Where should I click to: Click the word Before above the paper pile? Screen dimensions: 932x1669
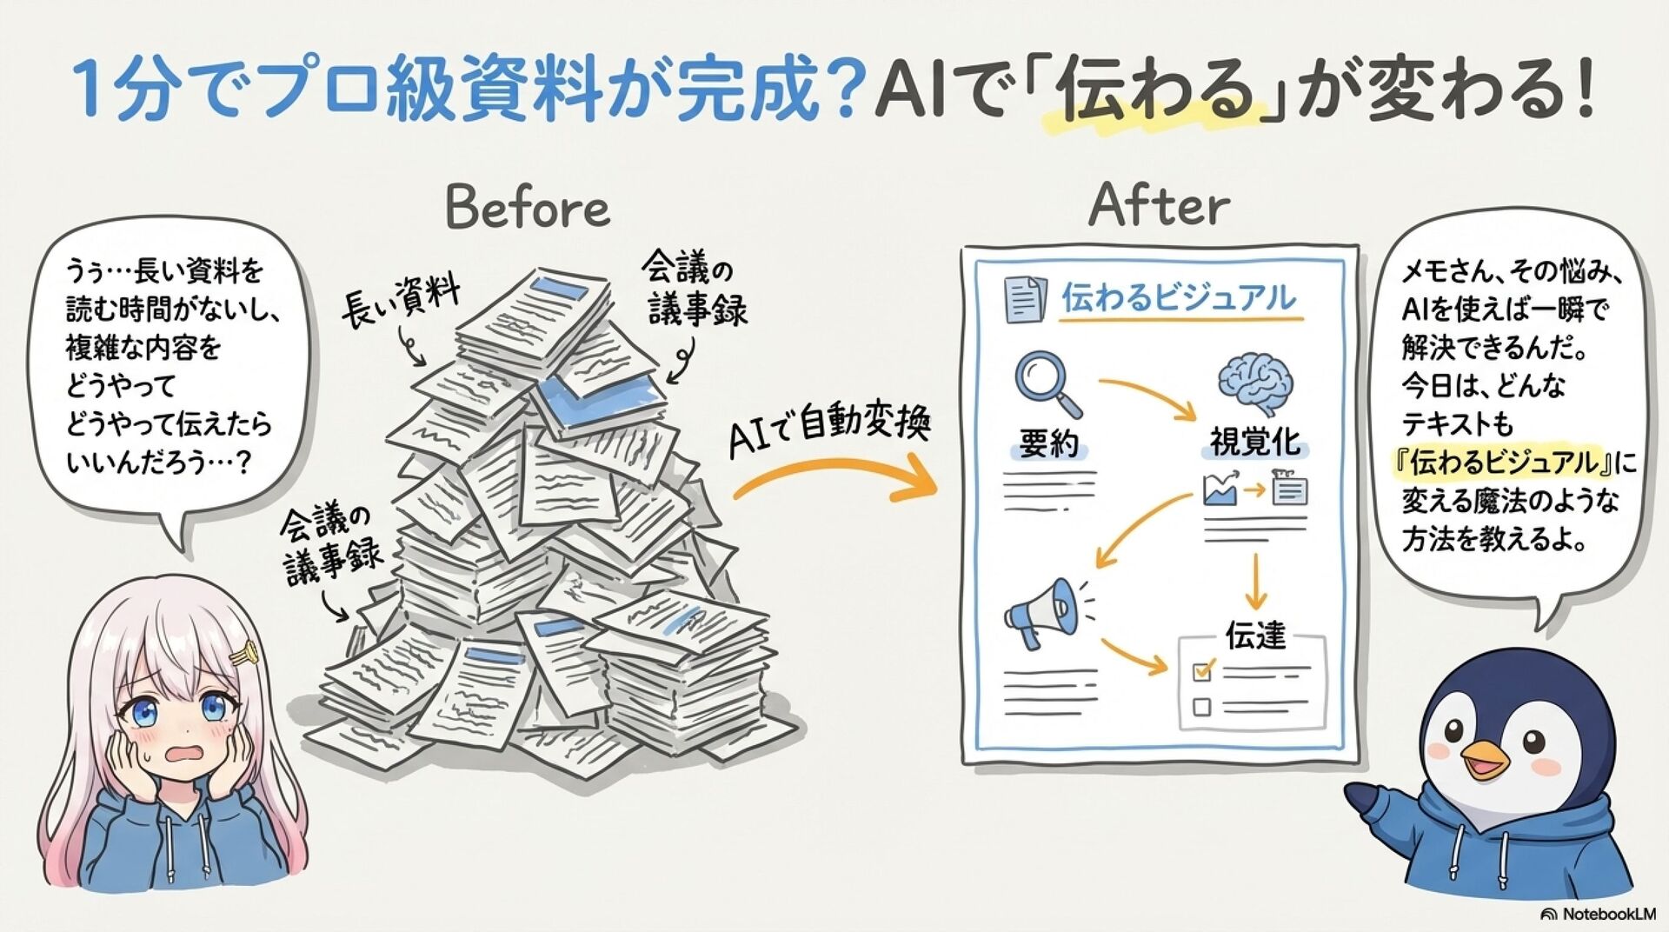(528, 209)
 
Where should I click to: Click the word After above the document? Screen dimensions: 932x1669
(1159, 205)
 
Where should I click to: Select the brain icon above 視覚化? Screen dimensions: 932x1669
(1255, 383)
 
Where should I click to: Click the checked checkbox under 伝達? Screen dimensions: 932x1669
(1203, 670)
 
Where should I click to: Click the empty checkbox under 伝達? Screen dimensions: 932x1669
(1202, 706)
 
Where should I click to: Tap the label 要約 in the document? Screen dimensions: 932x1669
(1048, 444)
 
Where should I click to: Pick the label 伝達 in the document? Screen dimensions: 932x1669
(1254, 636)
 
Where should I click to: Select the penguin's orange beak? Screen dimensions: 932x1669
(1484, 758)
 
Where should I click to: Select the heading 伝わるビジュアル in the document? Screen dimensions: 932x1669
(1178, 298)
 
